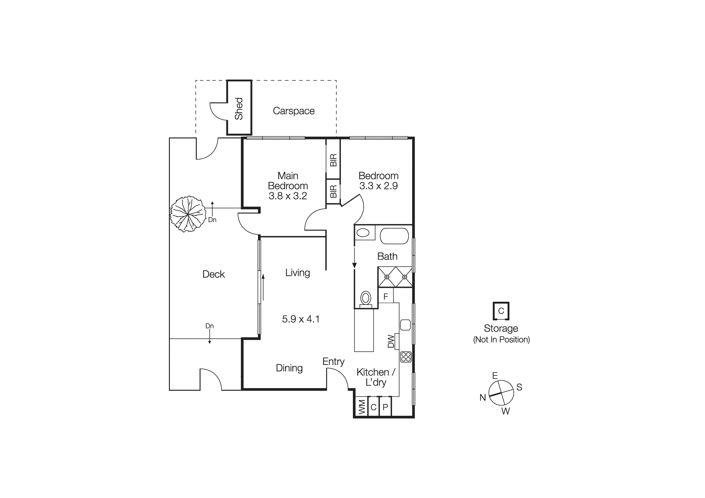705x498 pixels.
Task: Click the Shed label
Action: point(239,109)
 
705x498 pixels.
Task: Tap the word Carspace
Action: point(294,111)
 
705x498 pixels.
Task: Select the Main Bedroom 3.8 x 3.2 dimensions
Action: point(288,196)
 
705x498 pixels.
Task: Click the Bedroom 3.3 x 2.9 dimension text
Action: point(378,186)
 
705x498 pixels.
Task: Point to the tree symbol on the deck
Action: point(188,214)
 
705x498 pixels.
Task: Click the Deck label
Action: point(214,274)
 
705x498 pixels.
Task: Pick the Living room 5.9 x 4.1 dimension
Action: point(301,319)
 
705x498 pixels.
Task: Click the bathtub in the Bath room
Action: point(394,236)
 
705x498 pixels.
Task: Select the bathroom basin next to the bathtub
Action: point(363,233)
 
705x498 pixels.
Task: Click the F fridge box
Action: point(386,296)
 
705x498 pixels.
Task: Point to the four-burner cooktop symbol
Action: point(406,357)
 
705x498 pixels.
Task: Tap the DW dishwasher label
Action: point(391,341)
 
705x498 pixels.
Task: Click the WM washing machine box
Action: point(361,407)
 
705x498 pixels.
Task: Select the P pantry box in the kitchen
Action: point(385,407)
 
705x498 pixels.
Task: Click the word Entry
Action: point(333,362)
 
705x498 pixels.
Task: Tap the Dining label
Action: point(289,368)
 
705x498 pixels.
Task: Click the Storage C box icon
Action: point(501,311)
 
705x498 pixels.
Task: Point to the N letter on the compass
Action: point(483,398)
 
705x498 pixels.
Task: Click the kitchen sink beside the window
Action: point(405,325)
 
